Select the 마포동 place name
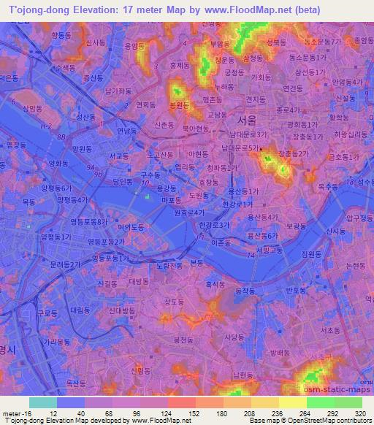[171, 199]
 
